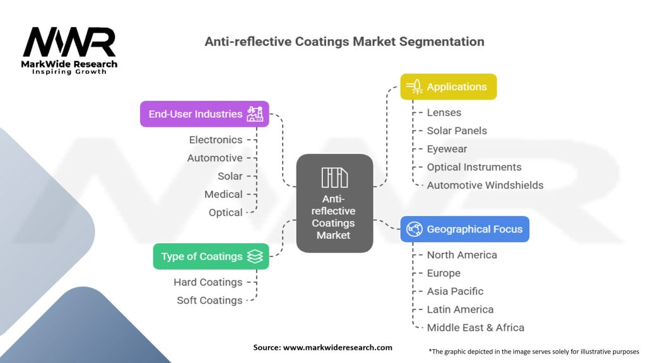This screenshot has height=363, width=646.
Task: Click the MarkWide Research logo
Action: coord(69,49)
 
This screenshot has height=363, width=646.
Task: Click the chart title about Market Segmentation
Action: coord(344,42)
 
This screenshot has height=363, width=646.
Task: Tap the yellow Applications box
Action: coord(449,87)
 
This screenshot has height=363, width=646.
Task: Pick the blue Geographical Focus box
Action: coord(465,229)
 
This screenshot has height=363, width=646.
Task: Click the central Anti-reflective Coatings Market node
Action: coord(334,204)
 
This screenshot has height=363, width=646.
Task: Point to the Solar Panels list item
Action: coord(457,130)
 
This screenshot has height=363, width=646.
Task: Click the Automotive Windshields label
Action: coord(484,185)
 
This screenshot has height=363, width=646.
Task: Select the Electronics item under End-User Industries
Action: coord(216,140)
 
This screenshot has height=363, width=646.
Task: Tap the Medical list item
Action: coord(223,194)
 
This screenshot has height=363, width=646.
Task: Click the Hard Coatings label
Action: coord(208,282)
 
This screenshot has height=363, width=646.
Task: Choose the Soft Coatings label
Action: coord(209,301)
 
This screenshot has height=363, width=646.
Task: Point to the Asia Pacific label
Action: coord(455,291)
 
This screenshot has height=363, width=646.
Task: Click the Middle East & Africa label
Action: coord(475,328)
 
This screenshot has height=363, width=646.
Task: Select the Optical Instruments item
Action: coord(474,167)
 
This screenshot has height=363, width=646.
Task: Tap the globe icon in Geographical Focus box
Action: coord(414,229)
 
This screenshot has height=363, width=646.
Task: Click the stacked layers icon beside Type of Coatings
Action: coord(255,256)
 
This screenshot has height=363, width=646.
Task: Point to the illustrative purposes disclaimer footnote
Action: coord(534,351)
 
